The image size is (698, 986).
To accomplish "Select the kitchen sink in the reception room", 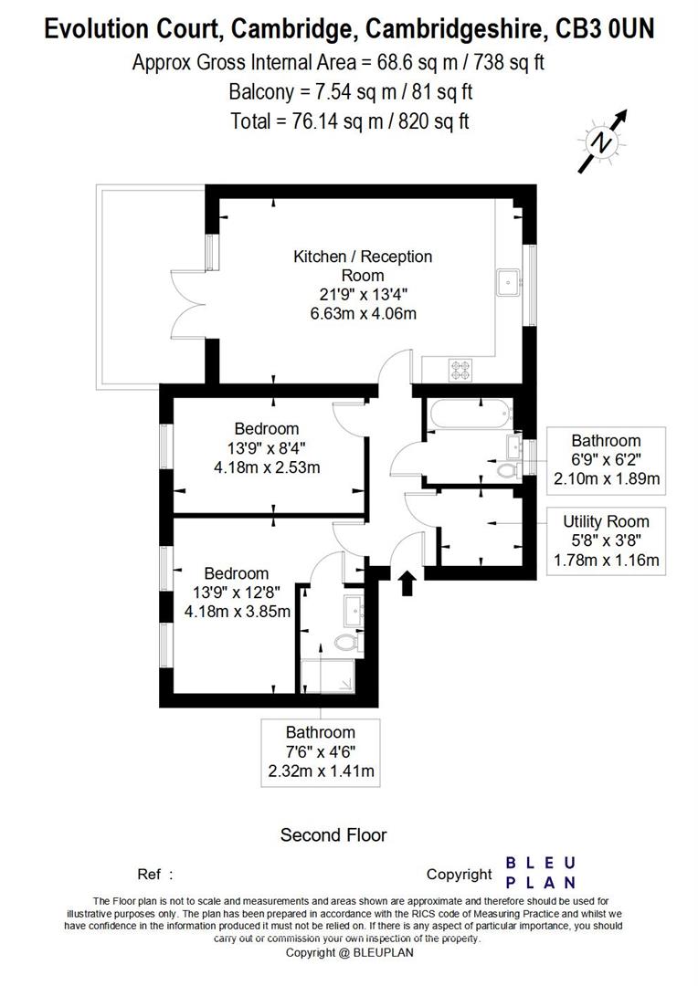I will [x=507, y=282].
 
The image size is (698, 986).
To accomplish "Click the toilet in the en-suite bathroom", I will [x=345, y=644].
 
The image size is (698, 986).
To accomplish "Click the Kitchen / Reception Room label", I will [x=362, y=266].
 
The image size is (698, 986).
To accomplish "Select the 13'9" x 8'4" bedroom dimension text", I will [x=266, y=448].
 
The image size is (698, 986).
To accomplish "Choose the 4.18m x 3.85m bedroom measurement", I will [x=237, y=612].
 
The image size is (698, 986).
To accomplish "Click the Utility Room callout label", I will [x=606, y=521].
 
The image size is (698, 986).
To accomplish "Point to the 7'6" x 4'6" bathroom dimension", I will [x=320, y=751].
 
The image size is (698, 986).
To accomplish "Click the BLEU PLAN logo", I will [x=541, y=873].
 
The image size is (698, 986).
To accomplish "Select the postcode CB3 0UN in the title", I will [x=605, y=30].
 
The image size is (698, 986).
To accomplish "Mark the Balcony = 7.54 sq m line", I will [x=350, y=91].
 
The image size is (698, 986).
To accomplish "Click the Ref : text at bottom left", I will [x=154, y=874].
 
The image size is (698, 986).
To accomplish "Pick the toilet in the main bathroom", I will [x=508, y=472].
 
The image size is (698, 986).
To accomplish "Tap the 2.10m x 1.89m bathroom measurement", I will [x=606, y=478].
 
